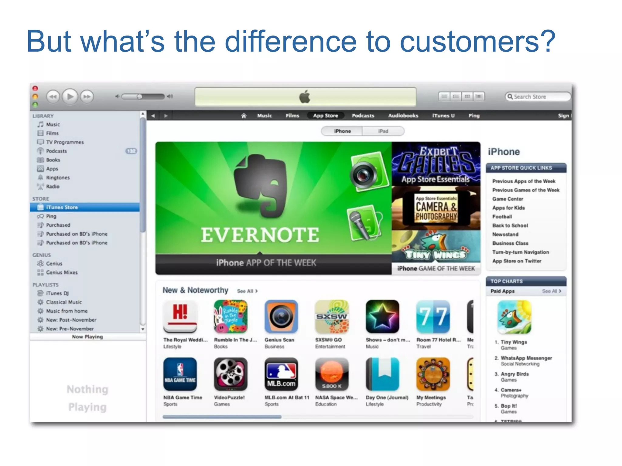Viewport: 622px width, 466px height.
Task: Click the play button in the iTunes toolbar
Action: pos(70,97)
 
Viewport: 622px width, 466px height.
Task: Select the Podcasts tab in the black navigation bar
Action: pos(363,116)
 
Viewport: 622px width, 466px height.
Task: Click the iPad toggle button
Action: pos(383,131)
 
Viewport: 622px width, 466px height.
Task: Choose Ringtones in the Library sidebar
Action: pos(58,177)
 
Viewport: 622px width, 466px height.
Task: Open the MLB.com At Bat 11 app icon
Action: pos(281,374)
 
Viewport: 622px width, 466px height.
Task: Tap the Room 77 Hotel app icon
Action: pos(433,317)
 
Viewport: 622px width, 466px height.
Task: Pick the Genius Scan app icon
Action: pos(281,317)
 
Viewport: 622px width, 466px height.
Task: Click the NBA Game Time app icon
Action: pos(180,374)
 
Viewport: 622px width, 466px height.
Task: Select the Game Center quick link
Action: pos(508,199)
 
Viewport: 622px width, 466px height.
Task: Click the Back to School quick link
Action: pos(510,225)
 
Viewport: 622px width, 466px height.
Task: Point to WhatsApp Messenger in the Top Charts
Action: pos(526,358)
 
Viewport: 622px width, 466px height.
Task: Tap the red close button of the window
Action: pos(35,88)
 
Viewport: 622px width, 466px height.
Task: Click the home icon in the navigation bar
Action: pos(244,116)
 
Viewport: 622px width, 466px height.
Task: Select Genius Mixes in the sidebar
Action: pos(62,272)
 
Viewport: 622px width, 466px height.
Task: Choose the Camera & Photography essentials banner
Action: pos(436,208)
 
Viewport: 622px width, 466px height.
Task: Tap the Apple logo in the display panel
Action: pos(305,97)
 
